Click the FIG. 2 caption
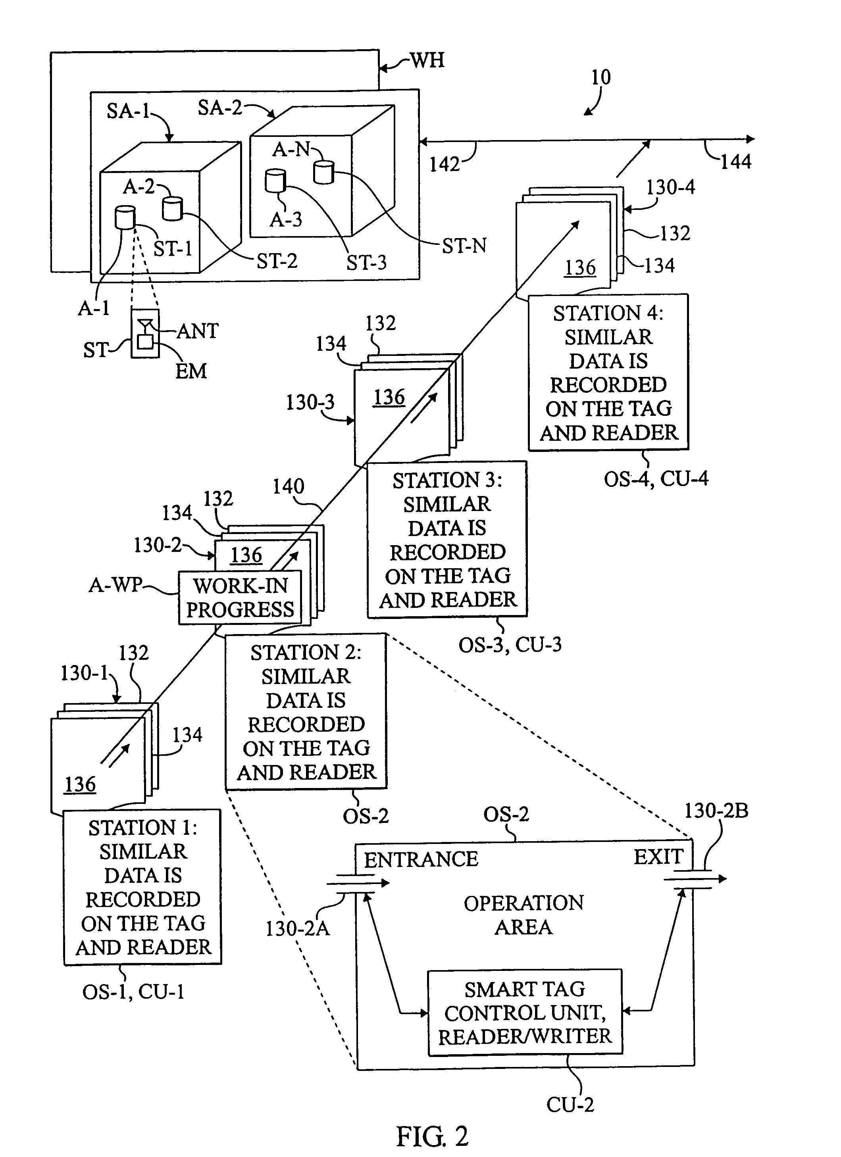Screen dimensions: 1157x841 tap(432, 1136)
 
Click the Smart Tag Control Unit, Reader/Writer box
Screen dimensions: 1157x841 tap(525, 1013)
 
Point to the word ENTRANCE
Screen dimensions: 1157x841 tap(421, 859)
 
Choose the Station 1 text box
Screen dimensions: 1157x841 tap(143, 887)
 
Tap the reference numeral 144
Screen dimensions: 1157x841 tap(735, 162)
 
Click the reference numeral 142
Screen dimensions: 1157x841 tap(445, 164)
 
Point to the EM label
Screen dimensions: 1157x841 tap(191, 371)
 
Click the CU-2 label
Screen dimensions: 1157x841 tap(570, 1105)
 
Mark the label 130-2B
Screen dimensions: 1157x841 tap(716, 811)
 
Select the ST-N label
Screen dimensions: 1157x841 tap(464, 246)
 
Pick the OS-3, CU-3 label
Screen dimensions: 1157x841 tap(510, 645)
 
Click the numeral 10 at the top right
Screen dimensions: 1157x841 tap(600, 77)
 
